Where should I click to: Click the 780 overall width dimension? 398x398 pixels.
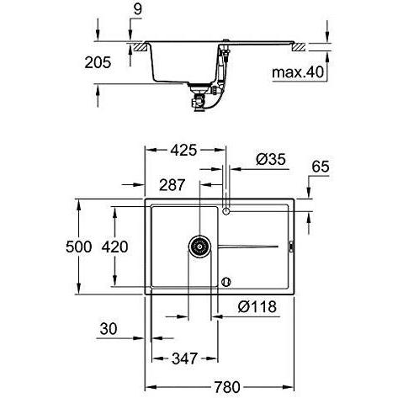pos(227,387)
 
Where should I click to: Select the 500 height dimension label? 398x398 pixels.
pos(79,247)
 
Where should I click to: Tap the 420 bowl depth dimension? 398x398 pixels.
pos(114,247)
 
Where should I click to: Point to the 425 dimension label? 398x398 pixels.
pos(184,151)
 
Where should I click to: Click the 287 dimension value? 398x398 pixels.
pos(172,185)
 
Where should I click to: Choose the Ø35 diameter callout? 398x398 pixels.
pos(271,159)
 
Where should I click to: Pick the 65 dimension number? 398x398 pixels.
pos(321,167)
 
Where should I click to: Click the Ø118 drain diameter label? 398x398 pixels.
pos(257,306)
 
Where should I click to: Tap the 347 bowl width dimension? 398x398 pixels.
pos(184,358)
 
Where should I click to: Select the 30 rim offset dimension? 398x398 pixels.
pos(109,329)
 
